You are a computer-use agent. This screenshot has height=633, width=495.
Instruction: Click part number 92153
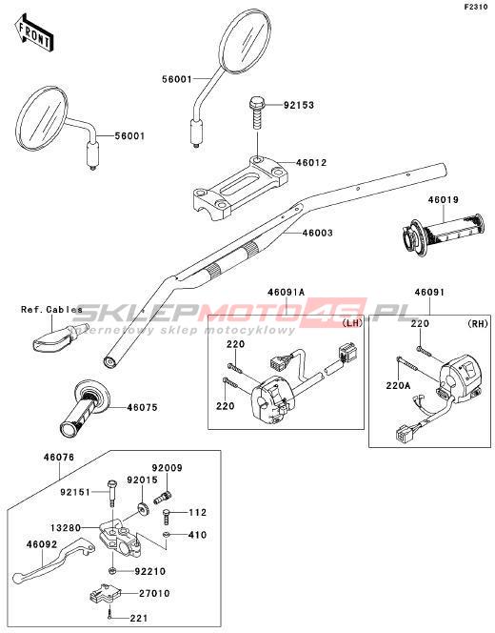pos(299,106)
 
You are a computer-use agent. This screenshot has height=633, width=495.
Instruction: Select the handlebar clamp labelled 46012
pos(241,188)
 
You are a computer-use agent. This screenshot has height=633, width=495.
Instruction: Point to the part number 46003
pos(318,233)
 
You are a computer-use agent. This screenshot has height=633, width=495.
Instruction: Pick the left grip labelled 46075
pos(86,407)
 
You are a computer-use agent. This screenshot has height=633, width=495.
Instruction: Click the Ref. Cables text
pos(51,310)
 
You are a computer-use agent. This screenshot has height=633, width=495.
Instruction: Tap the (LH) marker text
pos(352,323)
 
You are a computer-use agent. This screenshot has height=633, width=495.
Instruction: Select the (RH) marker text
pos(478,323)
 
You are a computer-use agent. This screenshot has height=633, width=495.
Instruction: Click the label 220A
pos(398,386)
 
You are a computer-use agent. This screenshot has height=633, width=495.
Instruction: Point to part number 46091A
pos(287,293)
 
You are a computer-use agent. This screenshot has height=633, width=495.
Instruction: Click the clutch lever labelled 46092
pos(53,559)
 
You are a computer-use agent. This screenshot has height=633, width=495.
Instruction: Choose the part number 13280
pos(66,528)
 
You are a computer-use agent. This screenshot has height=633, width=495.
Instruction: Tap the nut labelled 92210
pos(112,571)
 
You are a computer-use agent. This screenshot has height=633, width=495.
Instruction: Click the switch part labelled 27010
pos(104,593)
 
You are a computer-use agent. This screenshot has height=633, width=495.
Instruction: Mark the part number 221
pos(139,618)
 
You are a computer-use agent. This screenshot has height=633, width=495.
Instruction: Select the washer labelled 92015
pos(143,509)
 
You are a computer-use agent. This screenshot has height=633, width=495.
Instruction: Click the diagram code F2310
pos(476,8)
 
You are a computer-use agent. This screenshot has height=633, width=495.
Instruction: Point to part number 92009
pos(167,468)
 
